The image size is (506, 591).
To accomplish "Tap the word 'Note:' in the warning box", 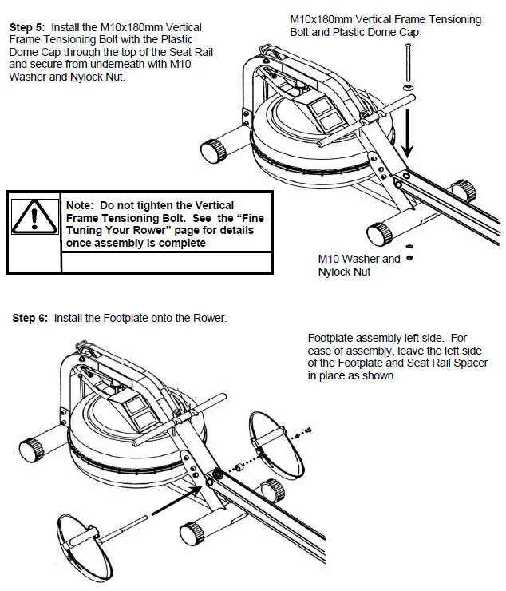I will point(81,206).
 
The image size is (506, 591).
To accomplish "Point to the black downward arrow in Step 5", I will point(409,133).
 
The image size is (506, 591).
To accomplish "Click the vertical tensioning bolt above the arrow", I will point(409,64).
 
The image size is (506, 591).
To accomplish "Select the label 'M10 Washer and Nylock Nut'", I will point(359,265).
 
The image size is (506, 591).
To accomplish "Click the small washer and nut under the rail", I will point(409,252).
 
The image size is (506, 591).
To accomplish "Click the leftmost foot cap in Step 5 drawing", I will point(212,150).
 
